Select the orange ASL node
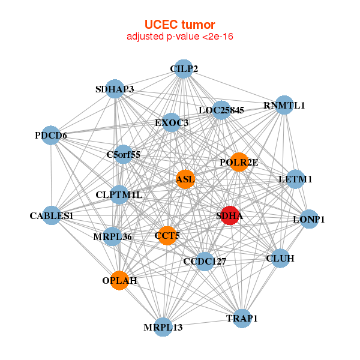coord(185,179)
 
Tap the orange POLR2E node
coord(239,162)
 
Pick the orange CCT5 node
coord(167,235)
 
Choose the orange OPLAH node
coord(120,280)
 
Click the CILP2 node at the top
coord(184,69)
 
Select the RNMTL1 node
coord(284,105)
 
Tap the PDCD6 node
coord(51,136)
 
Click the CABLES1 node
coord(52,215)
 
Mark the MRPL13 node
coord(163,327)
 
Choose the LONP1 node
coord(308,219)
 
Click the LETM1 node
coord(295,179)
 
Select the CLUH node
coord(280,259)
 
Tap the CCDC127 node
coord(205,261)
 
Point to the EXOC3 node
coord(172,123)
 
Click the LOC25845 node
coord(221,110)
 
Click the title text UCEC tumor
coord(179,25)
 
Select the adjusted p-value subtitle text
coord(179,37)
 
